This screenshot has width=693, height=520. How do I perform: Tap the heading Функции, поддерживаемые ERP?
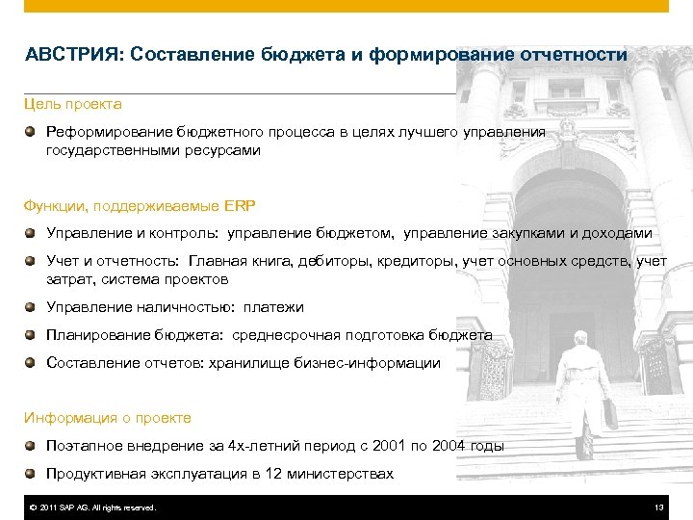pyautogui.click(x=140, y=205)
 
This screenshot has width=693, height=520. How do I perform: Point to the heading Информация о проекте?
pyautogui.click(x=108, y=418)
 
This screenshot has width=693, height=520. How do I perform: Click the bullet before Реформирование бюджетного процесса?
pyautogui.click(x=32, y=131)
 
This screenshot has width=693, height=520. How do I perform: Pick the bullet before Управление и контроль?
pyautogui.click(x=32, y=233)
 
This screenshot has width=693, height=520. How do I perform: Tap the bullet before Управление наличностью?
pyautogui.click(x=32, y=307)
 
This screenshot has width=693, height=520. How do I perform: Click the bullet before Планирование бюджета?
pyautogui.click(x=32, y=335)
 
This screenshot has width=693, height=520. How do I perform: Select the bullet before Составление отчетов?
pyautogui.click(x=32, y=363)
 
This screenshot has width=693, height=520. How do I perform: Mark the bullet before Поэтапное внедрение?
pyautogui.click(x=32, y=446)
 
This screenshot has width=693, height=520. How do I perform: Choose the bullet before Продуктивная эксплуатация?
pyautogui.click(x=32, y=474)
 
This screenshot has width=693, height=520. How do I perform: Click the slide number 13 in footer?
pyautogui.click(x=658, y=507)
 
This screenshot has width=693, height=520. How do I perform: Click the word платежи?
pyautogui.click(x=273, y=307)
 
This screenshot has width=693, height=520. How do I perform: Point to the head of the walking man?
pyautogui.click(x=579, y=338)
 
